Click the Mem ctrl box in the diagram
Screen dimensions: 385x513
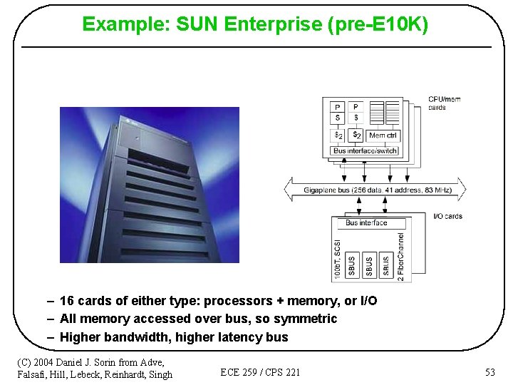383,135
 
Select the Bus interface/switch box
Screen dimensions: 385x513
365,150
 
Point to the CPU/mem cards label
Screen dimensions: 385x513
444,103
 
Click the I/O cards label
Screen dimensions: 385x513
447,216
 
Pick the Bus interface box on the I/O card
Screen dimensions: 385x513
366,223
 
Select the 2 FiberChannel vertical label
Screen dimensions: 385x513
400,256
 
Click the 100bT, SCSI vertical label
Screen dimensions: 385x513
338,257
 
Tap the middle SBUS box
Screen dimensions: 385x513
369,265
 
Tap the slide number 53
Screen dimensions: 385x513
489,372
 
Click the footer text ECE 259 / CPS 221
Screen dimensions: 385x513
260,372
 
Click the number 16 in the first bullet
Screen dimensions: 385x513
68,301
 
